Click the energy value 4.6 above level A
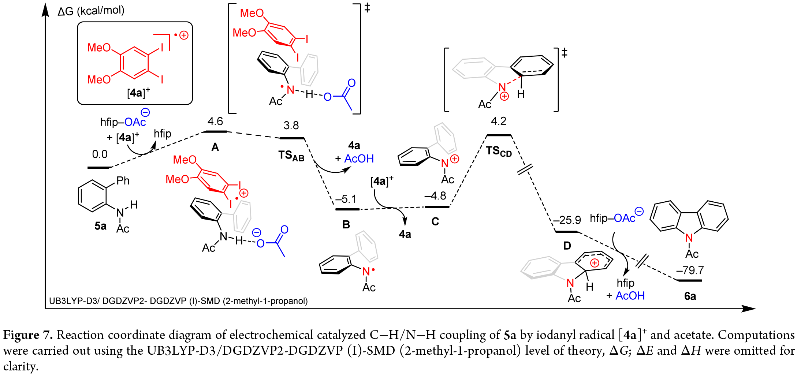(215, 121)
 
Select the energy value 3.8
(291, 126)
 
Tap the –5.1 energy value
(346, 199)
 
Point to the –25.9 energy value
(567, 220)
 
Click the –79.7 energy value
(690, 270)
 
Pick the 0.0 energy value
(100, 154)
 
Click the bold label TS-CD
(499, 151)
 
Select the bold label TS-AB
(291, 156)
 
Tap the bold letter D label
(567, 246)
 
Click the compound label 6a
(690, 296)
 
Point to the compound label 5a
(100, 226)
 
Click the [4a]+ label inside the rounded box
(138, 93)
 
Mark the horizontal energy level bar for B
(347, 209)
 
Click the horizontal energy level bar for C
(437, 207)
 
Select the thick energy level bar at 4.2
(499, 135)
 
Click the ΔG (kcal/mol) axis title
(91, 11)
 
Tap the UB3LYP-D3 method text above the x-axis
(178, 301)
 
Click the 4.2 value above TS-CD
(499, 121)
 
